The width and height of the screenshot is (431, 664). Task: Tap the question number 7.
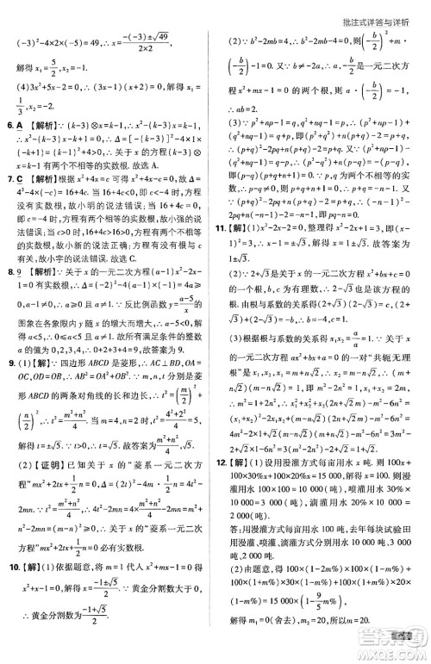[x=9, y=178]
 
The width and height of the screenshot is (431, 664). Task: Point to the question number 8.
[x=9, y=273]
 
